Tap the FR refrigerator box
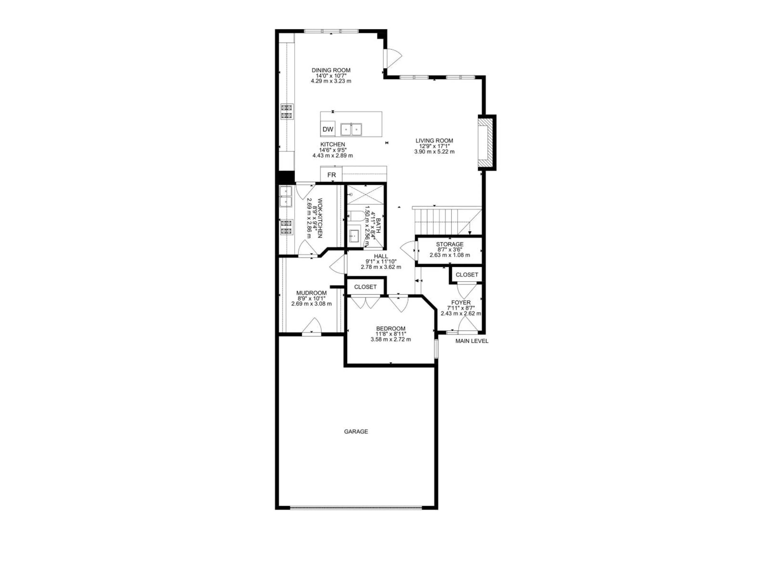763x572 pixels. point(331,175)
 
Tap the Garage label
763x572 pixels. point(356,431)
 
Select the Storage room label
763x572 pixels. point(449,244)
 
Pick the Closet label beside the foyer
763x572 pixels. point(467,275)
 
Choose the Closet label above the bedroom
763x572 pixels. point(365,287)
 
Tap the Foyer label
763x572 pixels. point(461,302)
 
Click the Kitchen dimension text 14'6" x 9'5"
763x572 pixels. point(332,150)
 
